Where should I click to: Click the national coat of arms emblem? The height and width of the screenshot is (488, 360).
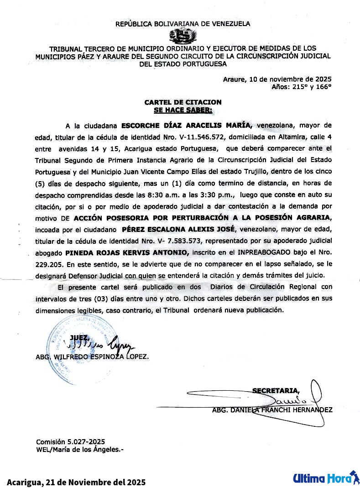183,36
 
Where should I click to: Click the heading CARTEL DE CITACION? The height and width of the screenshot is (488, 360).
183,102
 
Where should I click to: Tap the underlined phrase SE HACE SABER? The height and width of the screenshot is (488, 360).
183,110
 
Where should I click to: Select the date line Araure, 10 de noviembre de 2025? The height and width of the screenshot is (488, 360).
277,79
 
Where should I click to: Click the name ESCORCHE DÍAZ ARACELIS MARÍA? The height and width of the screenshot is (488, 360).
184,125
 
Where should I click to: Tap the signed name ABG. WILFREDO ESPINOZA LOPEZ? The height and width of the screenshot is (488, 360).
92,357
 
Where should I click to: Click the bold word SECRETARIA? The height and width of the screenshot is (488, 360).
276,390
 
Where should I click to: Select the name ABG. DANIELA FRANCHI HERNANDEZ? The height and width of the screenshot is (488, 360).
272,410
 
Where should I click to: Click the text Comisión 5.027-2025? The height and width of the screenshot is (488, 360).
71,441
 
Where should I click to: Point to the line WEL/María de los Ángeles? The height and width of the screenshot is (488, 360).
79,449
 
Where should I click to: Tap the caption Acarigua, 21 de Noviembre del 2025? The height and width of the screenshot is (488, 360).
76,482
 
